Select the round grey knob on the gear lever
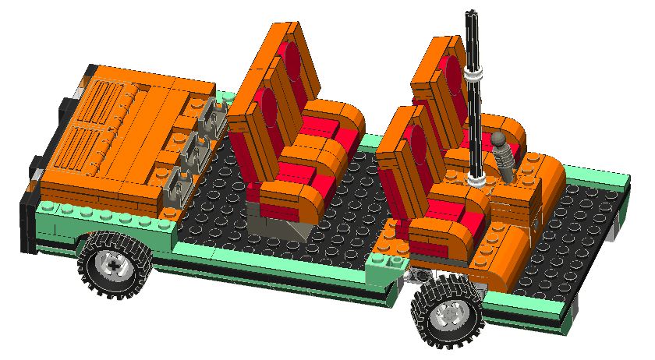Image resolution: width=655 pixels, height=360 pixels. point(500,141)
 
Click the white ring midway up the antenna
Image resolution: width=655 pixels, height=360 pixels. point(473,75)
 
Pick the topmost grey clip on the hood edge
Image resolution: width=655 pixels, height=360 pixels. point(212,118)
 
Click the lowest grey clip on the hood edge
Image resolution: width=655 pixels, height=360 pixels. point(177,185)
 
